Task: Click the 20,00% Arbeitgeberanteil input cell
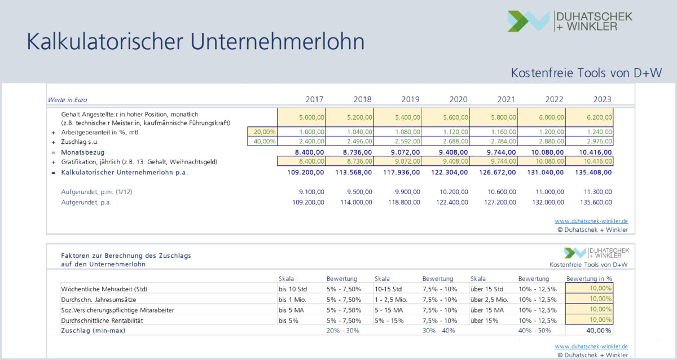coord(262,132)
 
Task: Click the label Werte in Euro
coord(67,100)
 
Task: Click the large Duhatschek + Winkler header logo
coord(570,21)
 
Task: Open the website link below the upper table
coord(591,221)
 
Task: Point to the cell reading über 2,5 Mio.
coord(489,299)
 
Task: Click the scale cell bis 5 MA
coord(292,310)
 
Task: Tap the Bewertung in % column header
coord(589,279)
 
